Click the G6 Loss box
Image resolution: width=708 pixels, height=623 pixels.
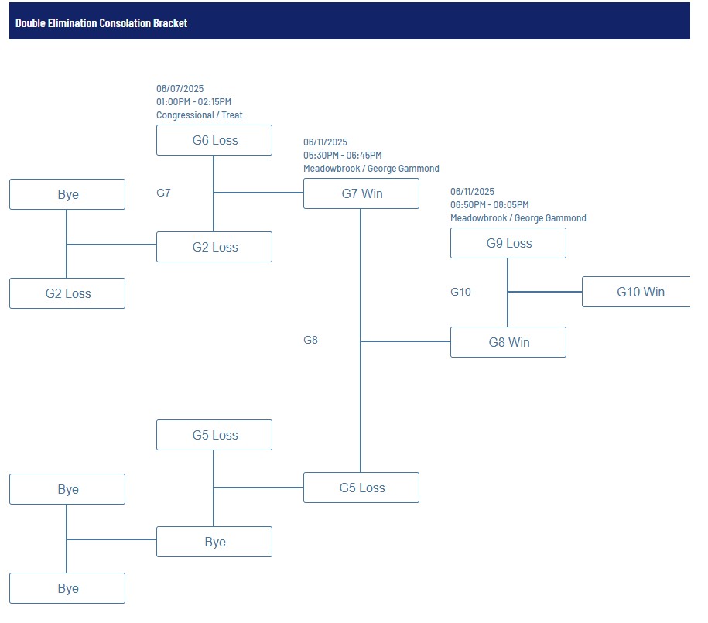[x=214, y=140]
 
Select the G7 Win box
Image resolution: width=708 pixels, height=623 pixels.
[x=361, y=193]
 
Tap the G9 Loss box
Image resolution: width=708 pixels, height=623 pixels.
[x=508, y=243]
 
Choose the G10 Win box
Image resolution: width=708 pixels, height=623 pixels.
[x=636, y=292]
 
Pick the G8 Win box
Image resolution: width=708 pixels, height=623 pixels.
[x=508, y=342]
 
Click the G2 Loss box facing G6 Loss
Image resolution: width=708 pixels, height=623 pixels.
[x=214, y=247]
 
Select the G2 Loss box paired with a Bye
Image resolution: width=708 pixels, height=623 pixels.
[x=67, y=293]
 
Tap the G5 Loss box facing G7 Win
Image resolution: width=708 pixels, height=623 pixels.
[x=361, y=488]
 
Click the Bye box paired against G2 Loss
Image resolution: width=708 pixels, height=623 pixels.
[x=67, y=194]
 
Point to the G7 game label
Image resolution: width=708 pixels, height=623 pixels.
[x=163, y=193]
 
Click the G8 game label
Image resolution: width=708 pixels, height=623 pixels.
[x=310, y=340]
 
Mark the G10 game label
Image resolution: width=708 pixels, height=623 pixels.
[x=460, y=292]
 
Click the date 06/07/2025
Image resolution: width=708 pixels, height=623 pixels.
[x=180, y=88]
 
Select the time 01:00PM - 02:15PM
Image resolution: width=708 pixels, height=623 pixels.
[x=193, y=101]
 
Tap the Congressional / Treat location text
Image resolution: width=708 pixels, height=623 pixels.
[x=199, y=115]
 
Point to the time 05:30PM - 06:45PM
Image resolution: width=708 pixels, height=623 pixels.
[x=342, y=156]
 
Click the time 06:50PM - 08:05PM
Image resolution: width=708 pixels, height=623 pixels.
[x=490, y=204]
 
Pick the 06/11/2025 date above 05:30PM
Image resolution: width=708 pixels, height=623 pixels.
[x=325, y=142]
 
